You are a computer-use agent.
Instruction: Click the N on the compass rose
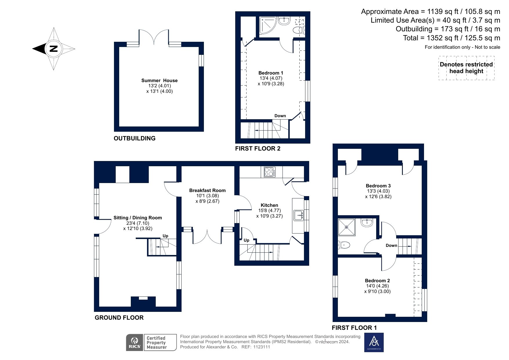click(53, 48)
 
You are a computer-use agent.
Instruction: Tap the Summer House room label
click(159, 80)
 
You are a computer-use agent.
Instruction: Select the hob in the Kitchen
click(270, 172)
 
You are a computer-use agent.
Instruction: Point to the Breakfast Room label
click(207, 190)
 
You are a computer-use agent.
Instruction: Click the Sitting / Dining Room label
click(137, 218)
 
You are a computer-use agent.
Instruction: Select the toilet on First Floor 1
click(344, 245)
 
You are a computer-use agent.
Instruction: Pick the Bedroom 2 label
click(377, 281)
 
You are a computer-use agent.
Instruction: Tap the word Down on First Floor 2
click(280, 116)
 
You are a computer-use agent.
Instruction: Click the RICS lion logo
click(135, 342)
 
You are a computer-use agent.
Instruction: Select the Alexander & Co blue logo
click(374, 342)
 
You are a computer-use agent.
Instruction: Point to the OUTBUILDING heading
click(135, 138)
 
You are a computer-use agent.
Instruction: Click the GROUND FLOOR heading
click(119, 318)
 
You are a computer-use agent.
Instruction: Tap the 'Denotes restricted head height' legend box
click(466, 68)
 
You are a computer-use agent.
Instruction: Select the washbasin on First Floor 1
click(367, 222)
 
